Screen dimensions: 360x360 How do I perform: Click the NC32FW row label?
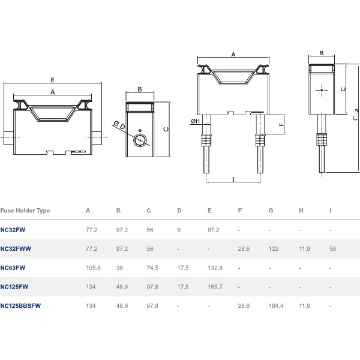click(13, 230)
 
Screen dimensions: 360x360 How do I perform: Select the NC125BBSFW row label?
click(20, 306)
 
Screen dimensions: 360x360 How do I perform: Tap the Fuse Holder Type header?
click(25, 211)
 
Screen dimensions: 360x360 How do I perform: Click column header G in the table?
click(271, 211)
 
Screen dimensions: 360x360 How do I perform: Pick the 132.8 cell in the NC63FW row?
click(215, 268)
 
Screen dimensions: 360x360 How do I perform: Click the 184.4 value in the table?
click(276, 306)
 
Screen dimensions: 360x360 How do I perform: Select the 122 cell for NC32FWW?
click(274, 248)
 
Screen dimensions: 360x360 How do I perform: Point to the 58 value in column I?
click(332, 248)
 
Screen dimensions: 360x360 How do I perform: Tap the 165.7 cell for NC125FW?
click(215, 287)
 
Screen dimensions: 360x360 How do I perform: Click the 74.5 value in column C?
click(152, 268)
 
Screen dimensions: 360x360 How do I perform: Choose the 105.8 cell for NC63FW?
click(93, 268)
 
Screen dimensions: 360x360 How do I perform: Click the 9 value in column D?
click(179, 230)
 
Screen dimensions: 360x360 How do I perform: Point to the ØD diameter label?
click(119, 125)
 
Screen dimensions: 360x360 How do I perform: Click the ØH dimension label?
click(196, 121)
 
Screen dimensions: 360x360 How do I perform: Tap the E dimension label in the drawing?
click(53, 80)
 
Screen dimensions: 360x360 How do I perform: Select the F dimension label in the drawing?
click(281, 125)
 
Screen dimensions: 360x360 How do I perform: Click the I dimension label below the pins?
click(234, 179)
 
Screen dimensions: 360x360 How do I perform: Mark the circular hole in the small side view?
click(140, 140)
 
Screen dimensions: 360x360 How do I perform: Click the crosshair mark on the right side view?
click(322, 90)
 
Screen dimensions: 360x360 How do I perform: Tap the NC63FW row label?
click(13, 268)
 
